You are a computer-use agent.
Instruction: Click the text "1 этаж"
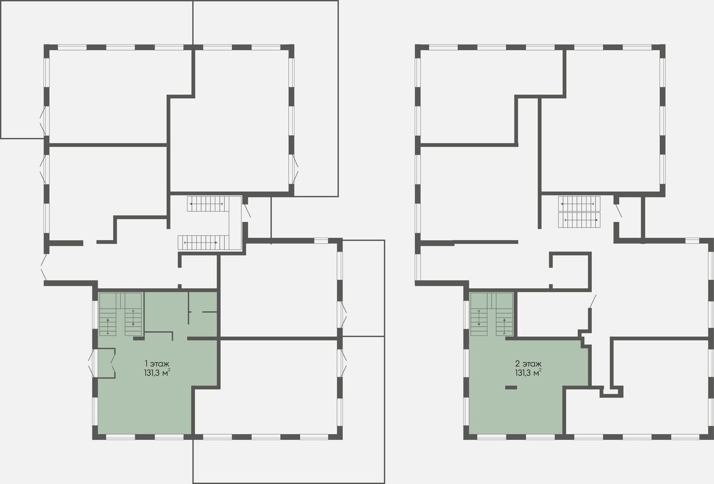(157, 364)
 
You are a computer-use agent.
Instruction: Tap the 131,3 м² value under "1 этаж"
(157, 373)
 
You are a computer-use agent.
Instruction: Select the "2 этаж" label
(528, 364)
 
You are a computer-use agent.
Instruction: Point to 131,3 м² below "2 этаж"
(528, 373)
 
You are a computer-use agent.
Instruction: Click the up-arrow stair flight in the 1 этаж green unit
(108, 322)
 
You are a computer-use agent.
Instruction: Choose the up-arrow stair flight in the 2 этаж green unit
(504, 322)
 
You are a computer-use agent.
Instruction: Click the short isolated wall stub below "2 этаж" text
(512, 388)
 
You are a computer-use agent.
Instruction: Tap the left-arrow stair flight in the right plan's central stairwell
(579, 204)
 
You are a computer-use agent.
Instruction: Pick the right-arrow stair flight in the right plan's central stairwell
(579, 220)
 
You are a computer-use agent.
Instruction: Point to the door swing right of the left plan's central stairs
(247, 211)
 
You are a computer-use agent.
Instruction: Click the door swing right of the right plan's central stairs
(619, 211)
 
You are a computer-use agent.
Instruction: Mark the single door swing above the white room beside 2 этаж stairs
(592, 302)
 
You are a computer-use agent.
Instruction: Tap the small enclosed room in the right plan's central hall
(570, 271)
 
